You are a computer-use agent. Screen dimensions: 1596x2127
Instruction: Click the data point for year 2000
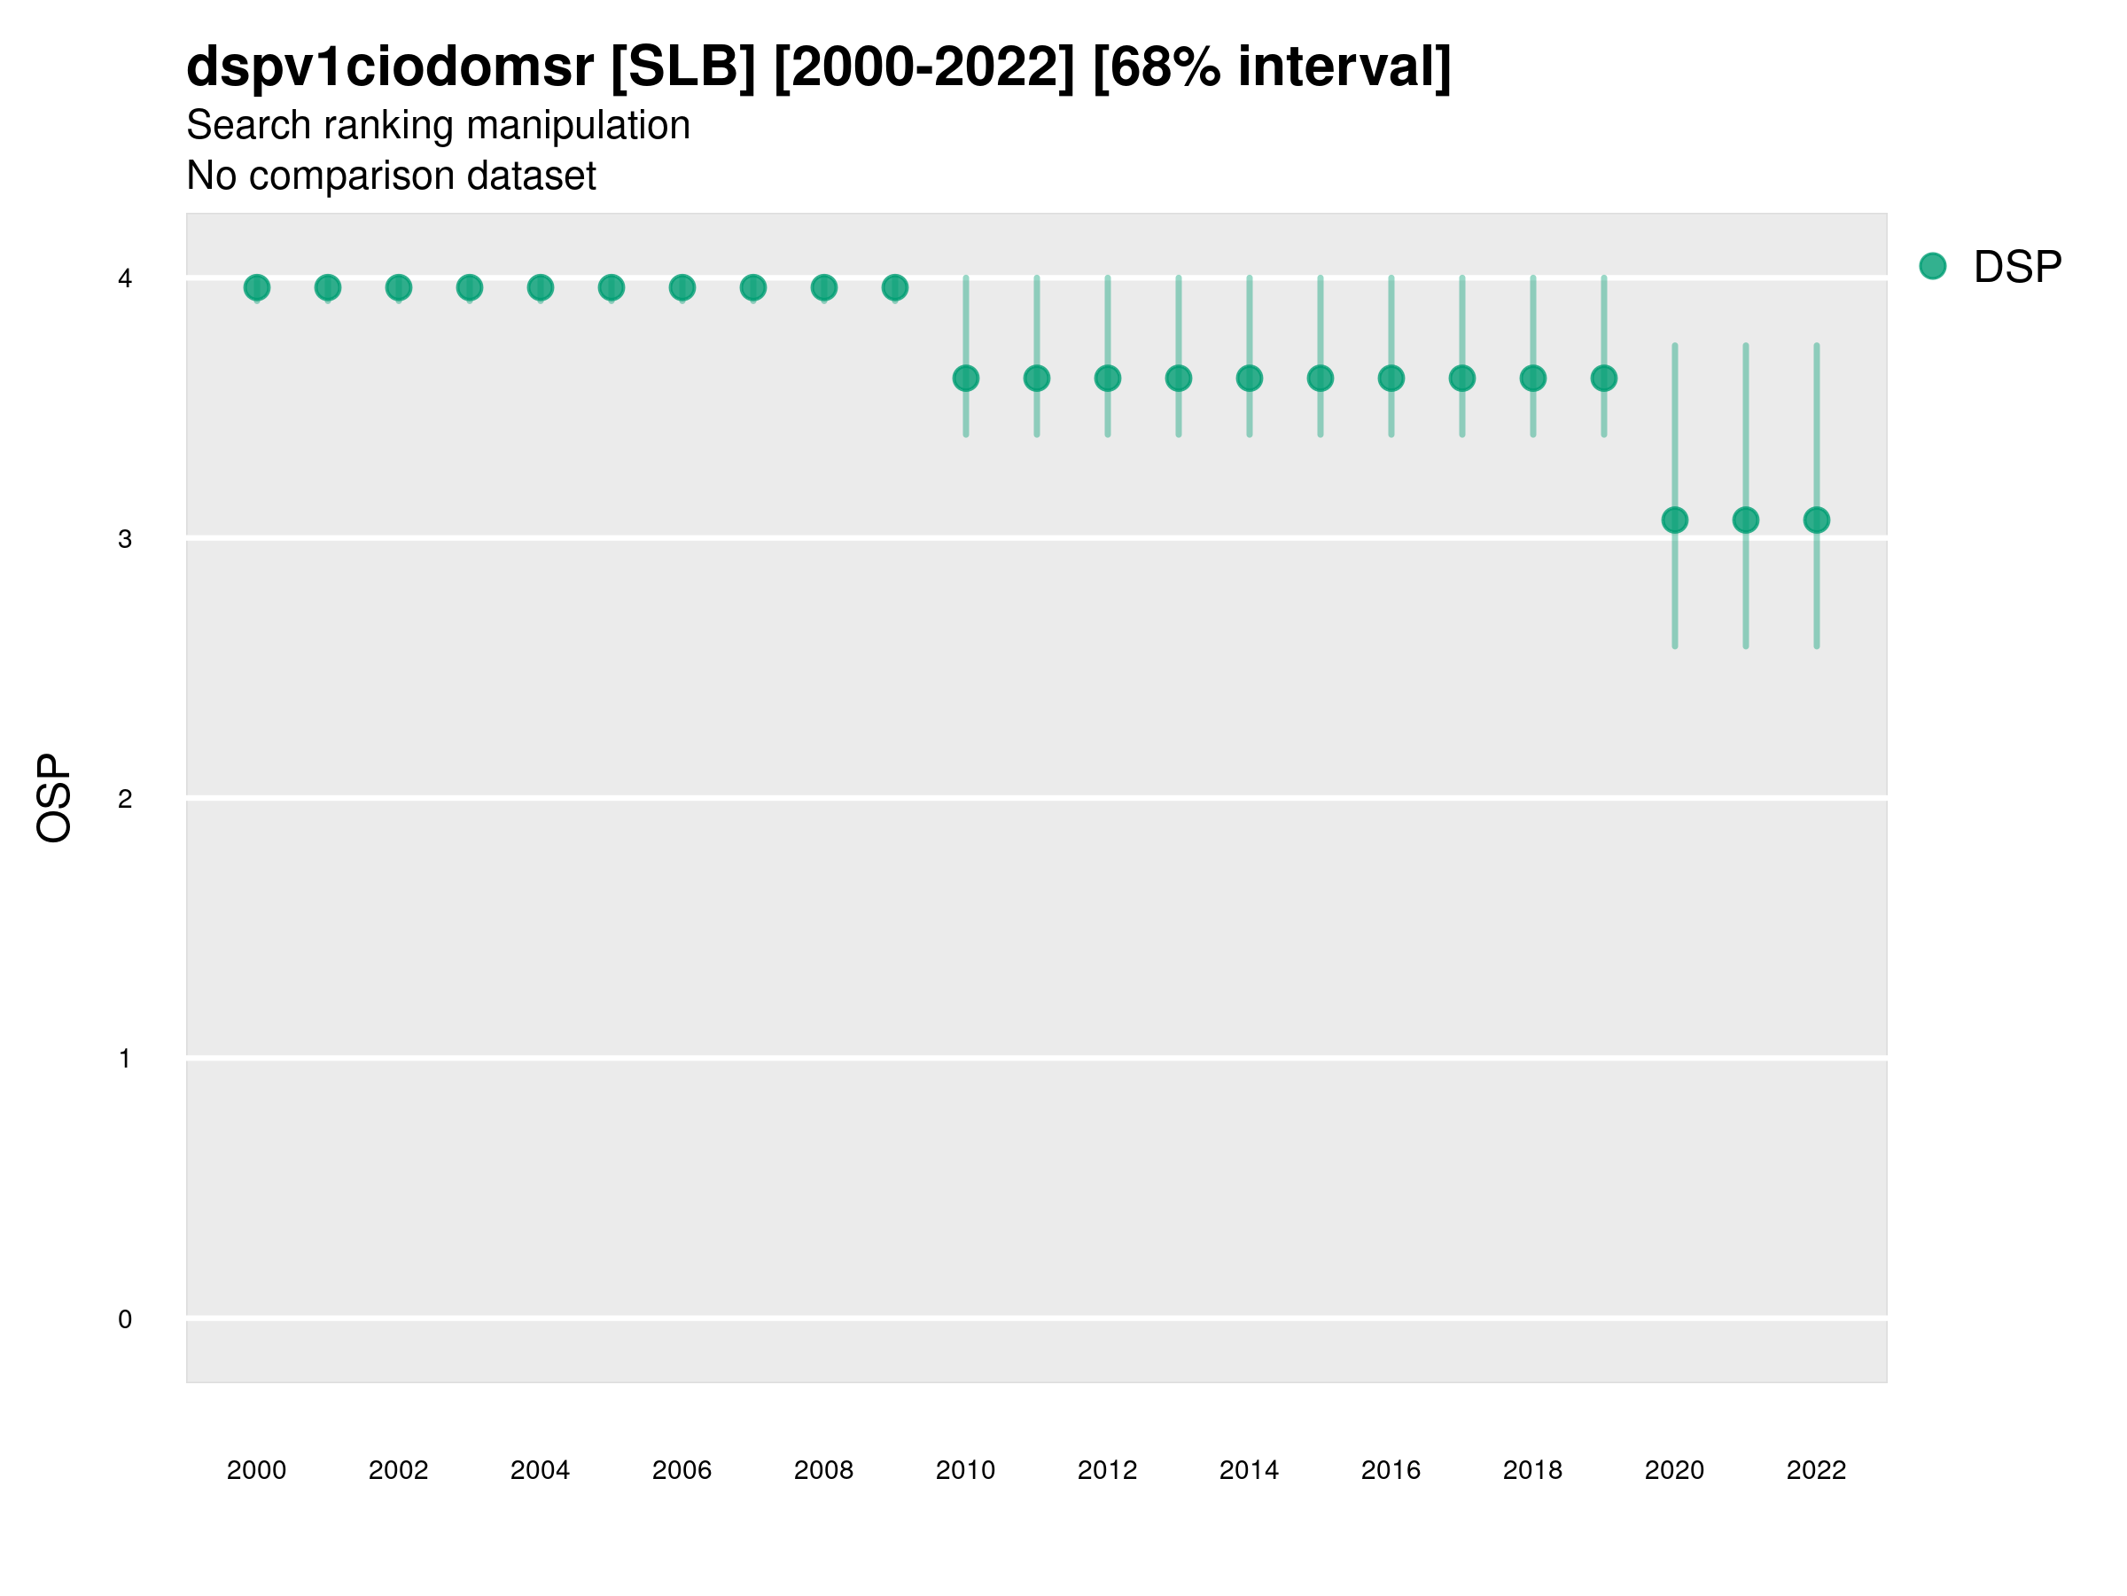(x=257, y=287)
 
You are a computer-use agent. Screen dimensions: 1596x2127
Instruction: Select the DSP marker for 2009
(x=894, y=287)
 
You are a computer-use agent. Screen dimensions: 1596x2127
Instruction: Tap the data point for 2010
(x=965, y=378)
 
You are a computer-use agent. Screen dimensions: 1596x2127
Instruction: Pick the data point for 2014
(x=1249, y=378)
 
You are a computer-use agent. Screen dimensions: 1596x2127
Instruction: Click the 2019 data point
(x=1604, y=378)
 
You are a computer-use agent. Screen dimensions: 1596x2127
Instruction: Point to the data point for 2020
(x=1675, y=520)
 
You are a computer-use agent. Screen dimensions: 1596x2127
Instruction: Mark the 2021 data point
(x=1745, y=520)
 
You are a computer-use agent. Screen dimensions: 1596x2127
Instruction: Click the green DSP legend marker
(x=1932, y=267)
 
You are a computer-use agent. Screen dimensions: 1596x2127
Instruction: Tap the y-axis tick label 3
(x=125, y=539)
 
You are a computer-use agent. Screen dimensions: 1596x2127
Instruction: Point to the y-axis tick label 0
(x=125, y=1319)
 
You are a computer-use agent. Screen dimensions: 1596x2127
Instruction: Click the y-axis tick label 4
(x=125, y=279)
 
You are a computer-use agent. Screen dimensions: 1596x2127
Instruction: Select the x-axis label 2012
(x=1107, y=1470)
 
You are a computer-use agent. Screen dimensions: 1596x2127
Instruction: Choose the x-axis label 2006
(x=682, y=1470)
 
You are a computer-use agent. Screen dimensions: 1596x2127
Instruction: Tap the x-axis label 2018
(x=1532, y=1470)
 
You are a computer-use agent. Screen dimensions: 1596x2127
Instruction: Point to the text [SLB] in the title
(x=682, y=67)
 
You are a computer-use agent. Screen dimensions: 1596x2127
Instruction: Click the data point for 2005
(x=611, y=287)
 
